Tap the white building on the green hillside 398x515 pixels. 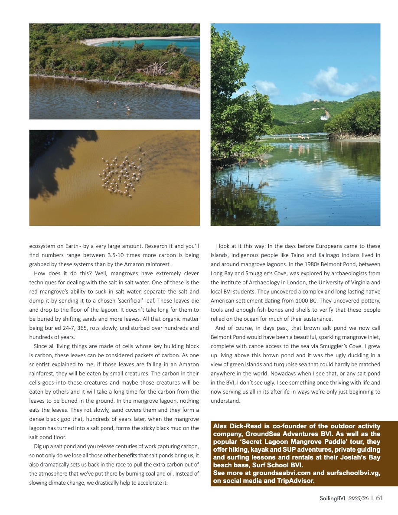tap(325, 117)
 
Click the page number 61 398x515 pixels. tap(379, 498)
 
